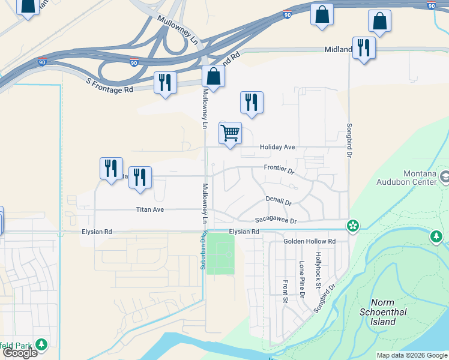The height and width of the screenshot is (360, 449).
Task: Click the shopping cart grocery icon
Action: pos(230,133)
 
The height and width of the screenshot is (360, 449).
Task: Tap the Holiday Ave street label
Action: pos(277,147)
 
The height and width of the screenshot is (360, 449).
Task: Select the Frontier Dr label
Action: pos(279,170)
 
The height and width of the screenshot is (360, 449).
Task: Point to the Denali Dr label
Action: pos(279,202)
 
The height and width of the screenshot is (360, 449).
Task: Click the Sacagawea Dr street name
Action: pos(276,221)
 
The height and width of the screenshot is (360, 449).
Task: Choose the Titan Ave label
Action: pos(149,209)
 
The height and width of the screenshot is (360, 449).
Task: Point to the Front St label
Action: pos(286,292)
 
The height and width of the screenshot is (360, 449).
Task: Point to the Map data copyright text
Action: pos(411,355)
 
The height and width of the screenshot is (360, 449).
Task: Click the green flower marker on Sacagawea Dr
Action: pos(353,226)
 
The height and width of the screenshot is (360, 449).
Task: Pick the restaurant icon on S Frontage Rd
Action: pos(165,82)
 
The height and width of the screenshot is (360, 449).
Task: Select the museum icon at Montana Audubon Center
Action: pos(445,178)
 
